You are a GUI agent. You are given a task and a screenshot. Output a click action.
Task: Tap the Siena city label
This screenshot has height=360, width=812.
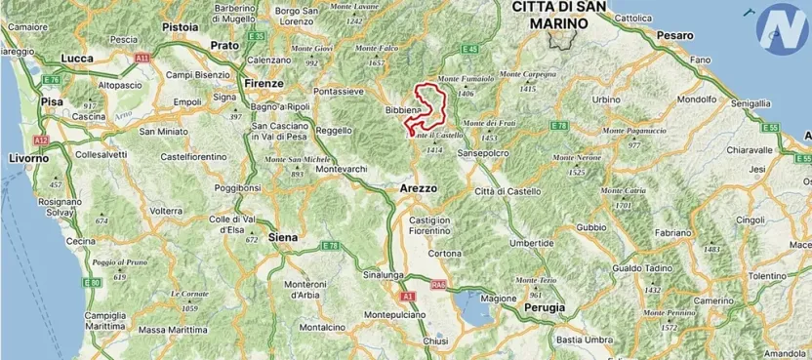coord(282,236)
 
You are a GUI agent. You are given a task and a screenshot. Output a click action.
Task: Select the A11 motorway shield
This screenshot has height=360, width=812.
coord(143,59)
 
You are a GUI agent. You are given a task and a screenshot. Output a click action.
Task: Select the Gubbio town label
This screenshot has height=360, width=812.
coord(591,226)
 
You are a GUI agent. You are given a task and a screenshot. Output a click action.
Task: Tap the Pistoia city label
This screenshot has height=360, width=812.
coord(180,26)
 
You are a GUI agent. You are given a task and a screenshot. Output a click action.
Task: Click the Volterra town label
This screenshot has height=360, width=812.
coord(165,211)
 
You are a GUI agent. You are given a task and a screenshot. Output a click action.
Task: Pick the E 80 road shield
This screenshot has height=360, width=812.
coord(92,283)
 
